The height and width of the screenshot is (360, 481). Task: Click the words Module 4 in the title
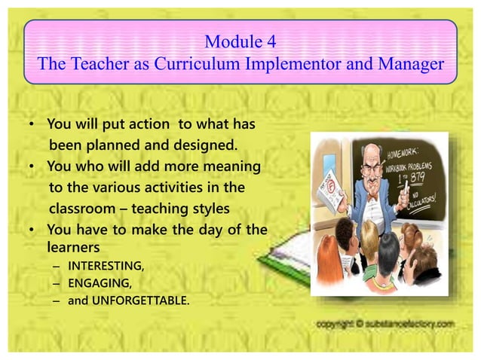[240, 41]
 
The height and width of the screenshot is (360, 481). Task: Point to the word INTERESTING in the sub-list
[106, 265]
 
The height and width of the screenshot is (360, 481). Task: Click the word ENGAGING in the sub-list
[97, 283]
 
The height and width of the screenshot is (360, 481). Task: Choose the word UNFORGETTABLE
[141, 301]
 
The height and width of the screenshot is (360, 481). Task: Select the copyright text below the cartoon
[385, 324]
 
